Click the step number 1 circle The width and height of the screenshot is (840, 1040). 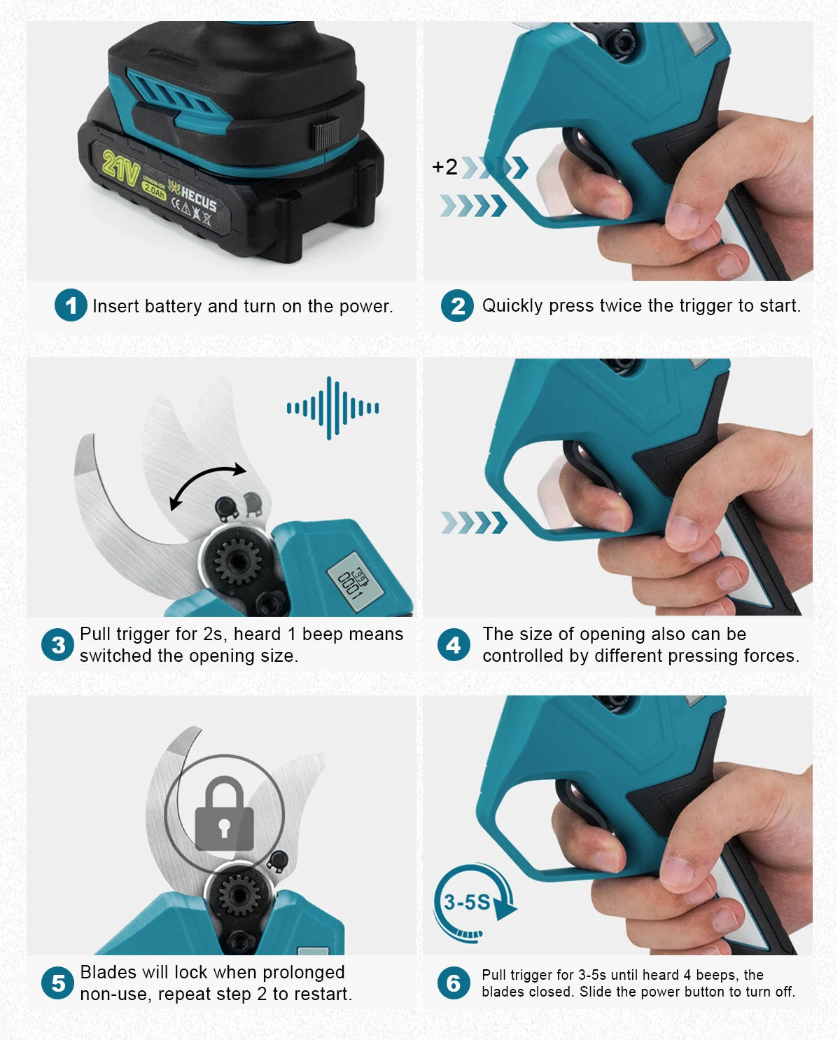coord(70,305)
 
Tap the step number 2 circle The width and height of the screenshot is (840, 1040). coord(457,306)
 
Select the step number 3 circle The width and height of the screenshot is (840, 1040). coord(58,645)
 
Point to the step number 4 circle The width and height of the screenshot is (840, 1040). coord(453,645)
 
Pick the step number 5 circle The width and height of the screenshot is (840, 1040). coord(58,983)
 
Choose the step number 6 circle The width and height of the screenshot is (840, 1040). coord(453,983)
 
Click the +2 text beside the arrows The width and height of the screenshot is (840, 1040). coord(444,167)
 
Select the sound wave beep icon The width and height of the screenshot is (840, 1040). coord(332,408)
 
